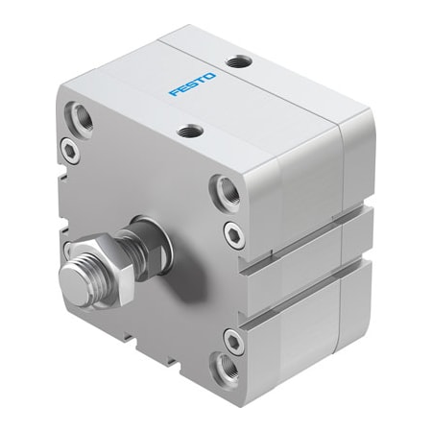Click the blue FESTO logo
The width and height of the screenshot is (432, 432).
pos(193,83)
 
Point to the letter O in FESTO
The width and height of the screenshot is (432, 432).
pos(212,73)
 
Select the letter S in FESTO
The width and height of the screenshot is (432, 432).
pos(193,84)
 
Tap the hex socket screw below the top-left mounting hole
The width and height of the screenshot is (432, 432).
pos(69,149)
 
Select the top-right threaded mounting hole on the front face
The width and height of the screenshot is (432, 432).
pos(226,189)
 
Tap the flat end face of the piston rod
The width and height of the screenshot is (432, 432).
pos(74,281)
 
